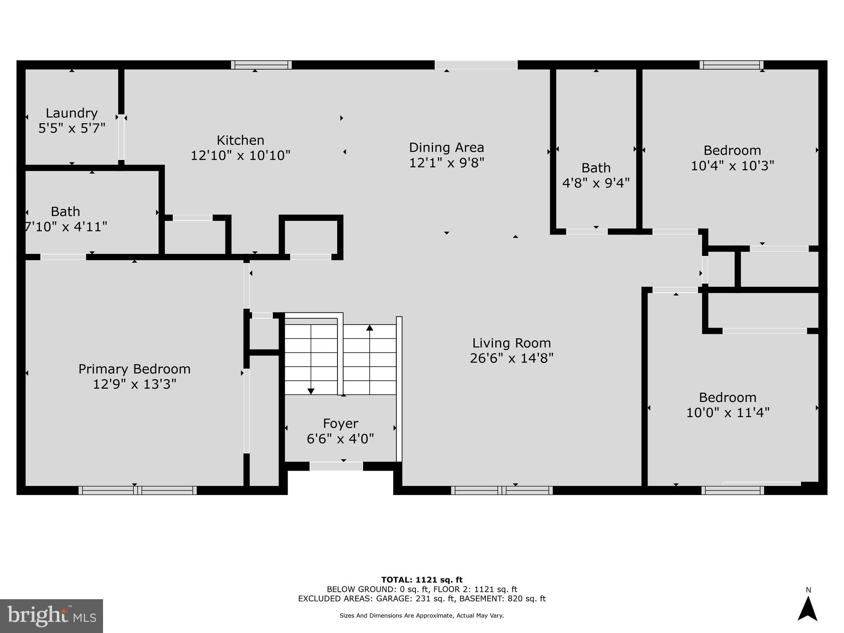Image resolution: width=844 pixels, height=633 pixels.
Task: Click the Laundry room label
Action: point(72,113)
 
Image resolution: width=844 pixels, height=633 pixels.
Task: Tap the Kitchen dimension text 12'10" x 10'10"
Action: point(240,156)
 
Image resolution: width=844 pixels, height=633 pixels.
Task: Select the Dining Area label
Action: point(446,148)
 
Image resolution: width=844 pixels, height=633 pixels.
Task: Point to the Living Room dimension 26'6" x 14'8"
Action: point(511,358)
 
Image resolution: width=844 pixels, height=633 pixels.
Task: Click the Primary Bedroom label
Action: point(134,369)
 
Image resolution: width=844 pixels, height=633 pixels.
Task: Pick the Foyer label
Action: point(340,424)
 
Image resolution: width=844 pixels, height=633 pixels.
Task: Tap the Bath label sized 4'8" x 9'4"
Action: point(596,168)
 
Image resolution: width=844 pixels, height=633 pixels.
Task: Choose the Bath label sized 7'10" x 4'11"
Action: point(66,212)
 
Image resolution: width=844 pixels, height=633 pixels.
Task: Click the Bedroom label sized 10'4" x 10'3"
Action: point(732,150)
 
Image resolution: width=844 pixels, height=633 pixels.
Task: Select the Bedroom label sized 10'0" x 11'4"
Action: point(727,398)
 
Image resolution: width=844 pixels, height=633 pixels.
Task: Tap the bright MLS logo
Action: point(51,616)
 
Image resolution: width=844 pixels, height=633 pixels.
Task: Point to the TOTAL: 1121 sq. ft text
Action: point(422,580)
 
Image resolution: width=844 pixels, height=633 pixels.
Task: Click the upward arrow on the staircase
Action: point(370,328)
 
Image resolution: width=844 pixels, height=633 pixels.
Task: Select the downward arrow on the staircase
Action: point(311,391)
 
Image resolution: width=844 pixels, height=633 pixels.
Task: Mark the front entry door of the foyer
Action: point(336,466)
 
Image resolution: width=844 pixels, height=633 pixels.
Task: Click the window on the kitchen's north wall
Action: point(261,65)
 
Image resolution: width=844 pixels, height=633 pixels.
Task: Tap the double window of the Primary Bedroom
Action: point(138,490)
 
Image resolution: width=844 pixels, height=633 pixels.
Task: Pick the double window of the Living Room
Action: point(502,490)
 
